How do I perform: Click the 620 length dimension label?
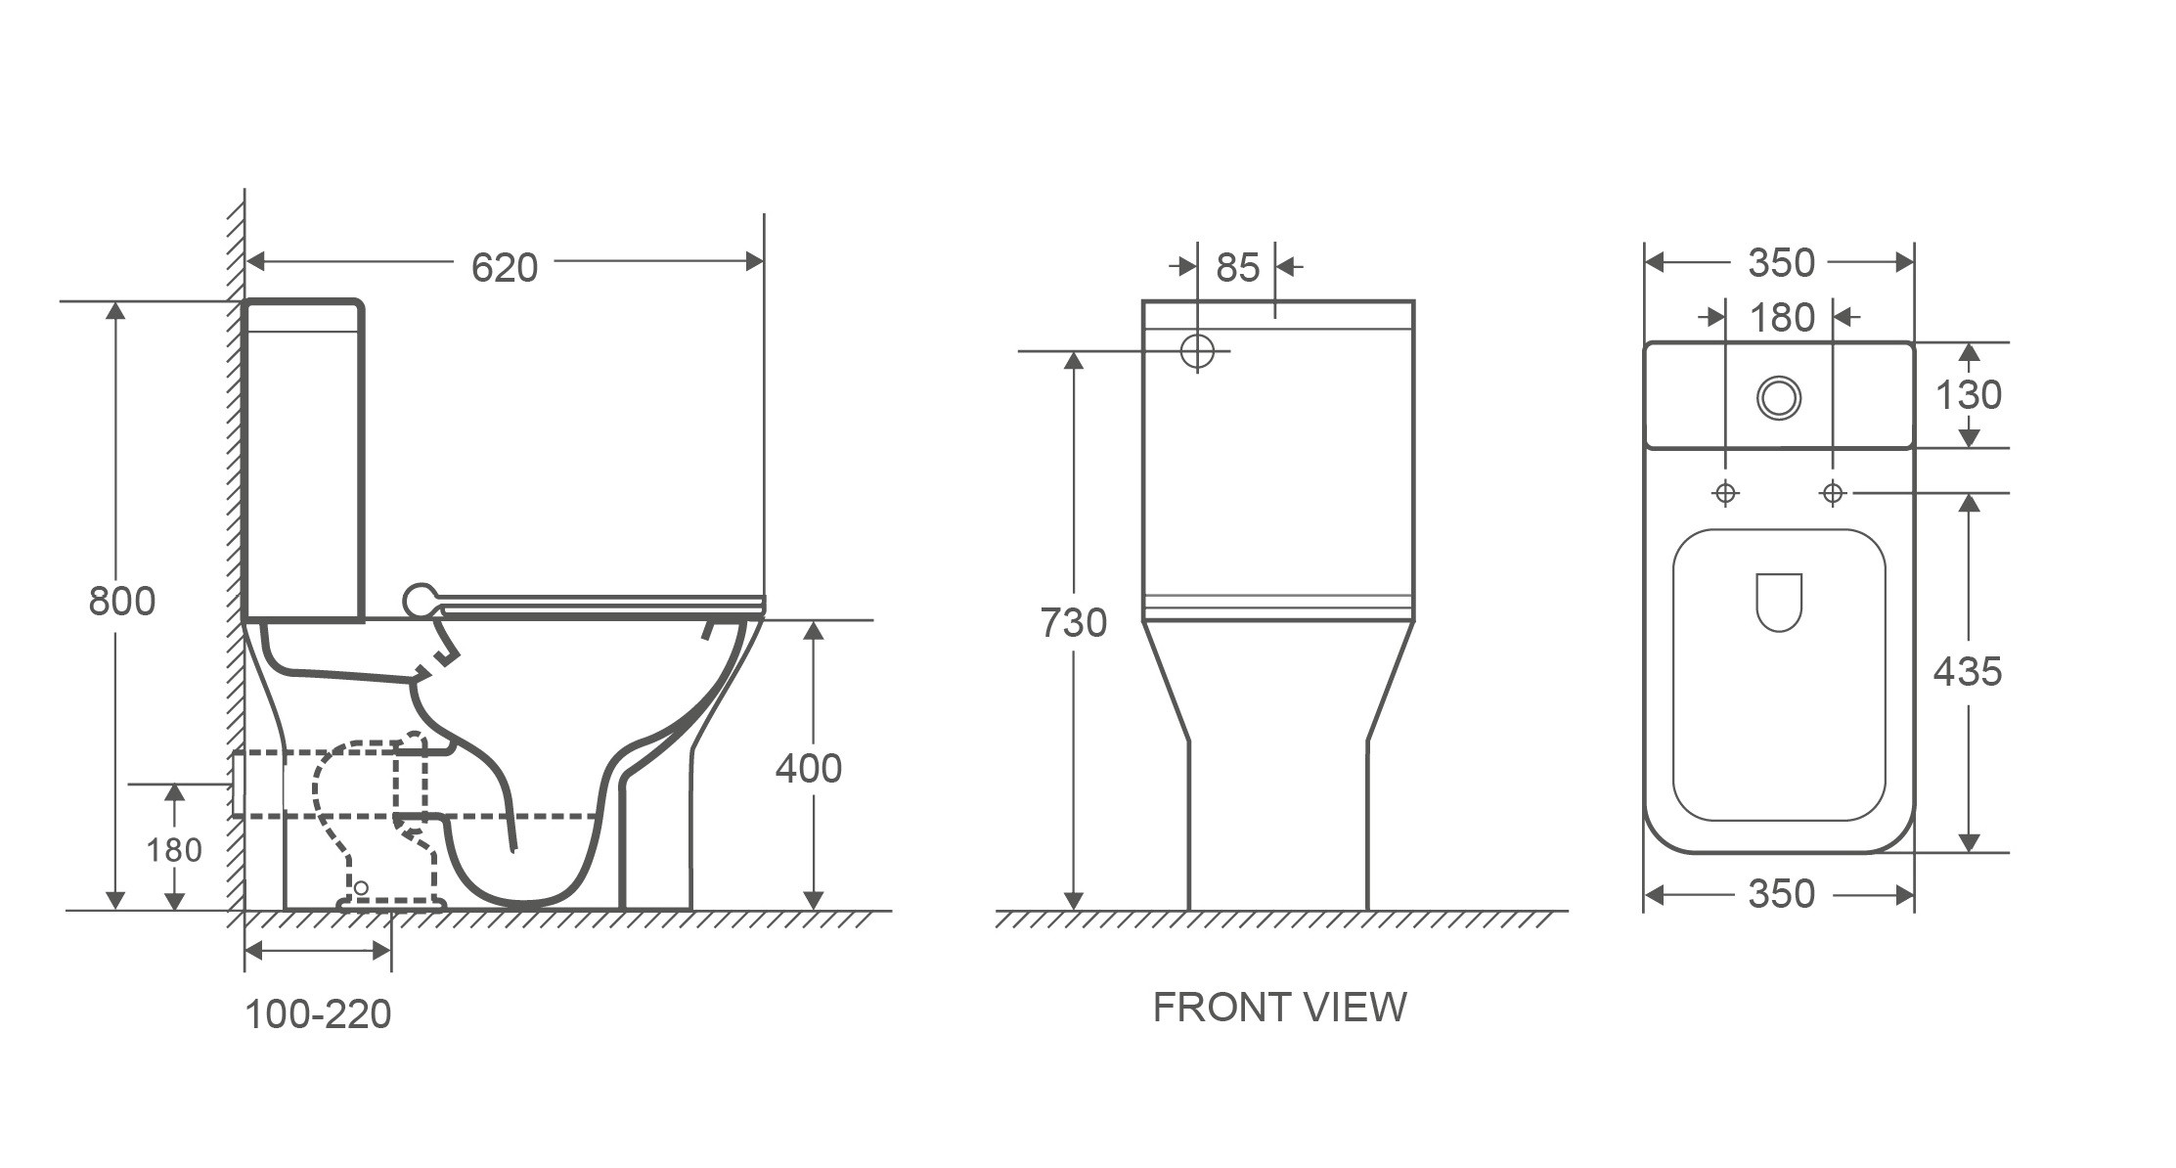(x=505, y=267)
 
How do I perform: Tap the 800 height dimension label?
(x=122, y=601)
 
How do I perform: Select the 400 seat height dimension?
(x=809, y=769)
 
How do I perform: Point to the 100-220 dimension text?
(x=318, y=1014)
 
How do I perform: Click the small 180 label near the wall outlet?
(x=174, y=850)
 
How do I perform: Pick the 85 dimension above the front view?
(x=1238, y=268)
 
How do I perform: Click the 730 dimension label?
(x=1074, y=622)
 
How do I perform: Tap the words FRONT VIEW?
(x=1279, y=1007)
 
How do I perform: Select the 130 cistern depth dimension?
(x=1969, y=394)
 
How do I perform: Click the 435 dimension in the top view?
(x=1968, y=671)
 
